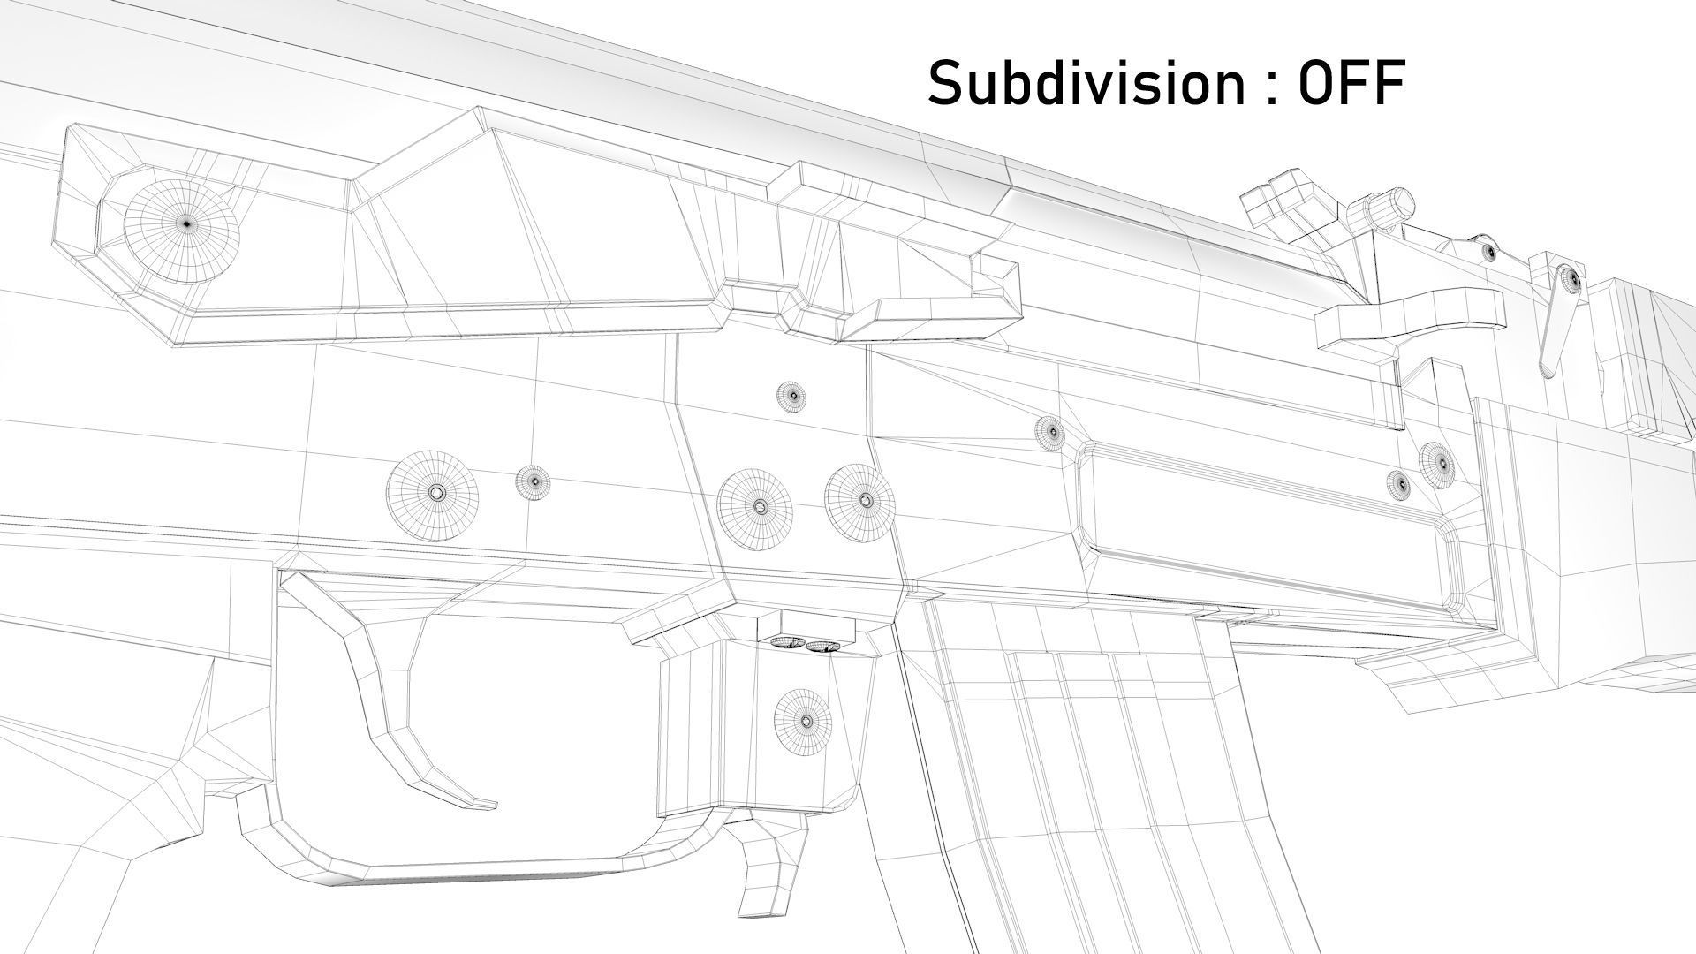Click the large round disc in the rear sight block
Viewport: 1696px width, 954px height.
click(x=181, y=224)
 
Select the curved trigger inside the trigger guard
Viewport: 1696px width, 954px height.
click(x=389, y=707)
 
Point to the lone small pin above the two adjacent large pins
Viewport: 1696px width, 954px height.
click(x=791, y=395)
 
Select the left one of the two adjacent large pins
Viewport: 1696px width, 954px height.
click(x=756, y=507)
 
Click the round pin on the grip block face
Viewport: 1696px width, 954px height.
click(x=804, y=722)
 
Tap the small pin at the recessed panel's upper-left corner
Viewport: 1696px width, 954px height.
click(x=1049, y=432)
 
